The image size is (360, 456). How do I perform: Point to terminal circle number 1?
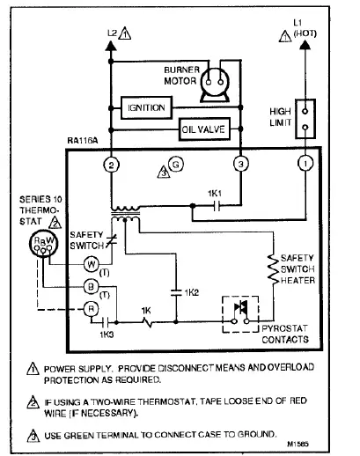(x=305, y=165)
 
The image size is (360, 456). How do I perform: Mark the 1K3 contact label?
(x=107, y=335)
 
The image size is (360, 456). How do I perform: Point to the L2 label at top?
(x=112, y=33)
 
